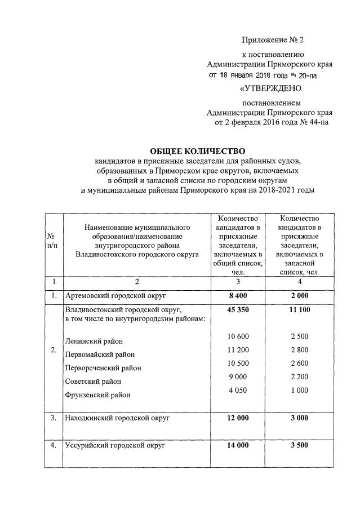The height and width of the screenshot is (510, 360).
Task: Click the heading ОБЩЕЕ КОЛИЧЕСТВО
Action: click(x=198, y=151)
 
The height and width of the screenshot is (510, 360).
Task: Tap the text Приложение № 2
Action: click(x=273, y=39)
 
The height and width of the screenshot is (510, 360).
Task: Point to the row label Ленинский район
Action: click(x=94, y=341)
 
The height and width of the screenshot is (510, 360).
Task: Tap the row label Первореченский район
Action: click(x=103, y=368)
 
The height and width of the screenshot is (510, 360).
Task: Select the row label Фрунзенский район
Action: click(x=97, y=395)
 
